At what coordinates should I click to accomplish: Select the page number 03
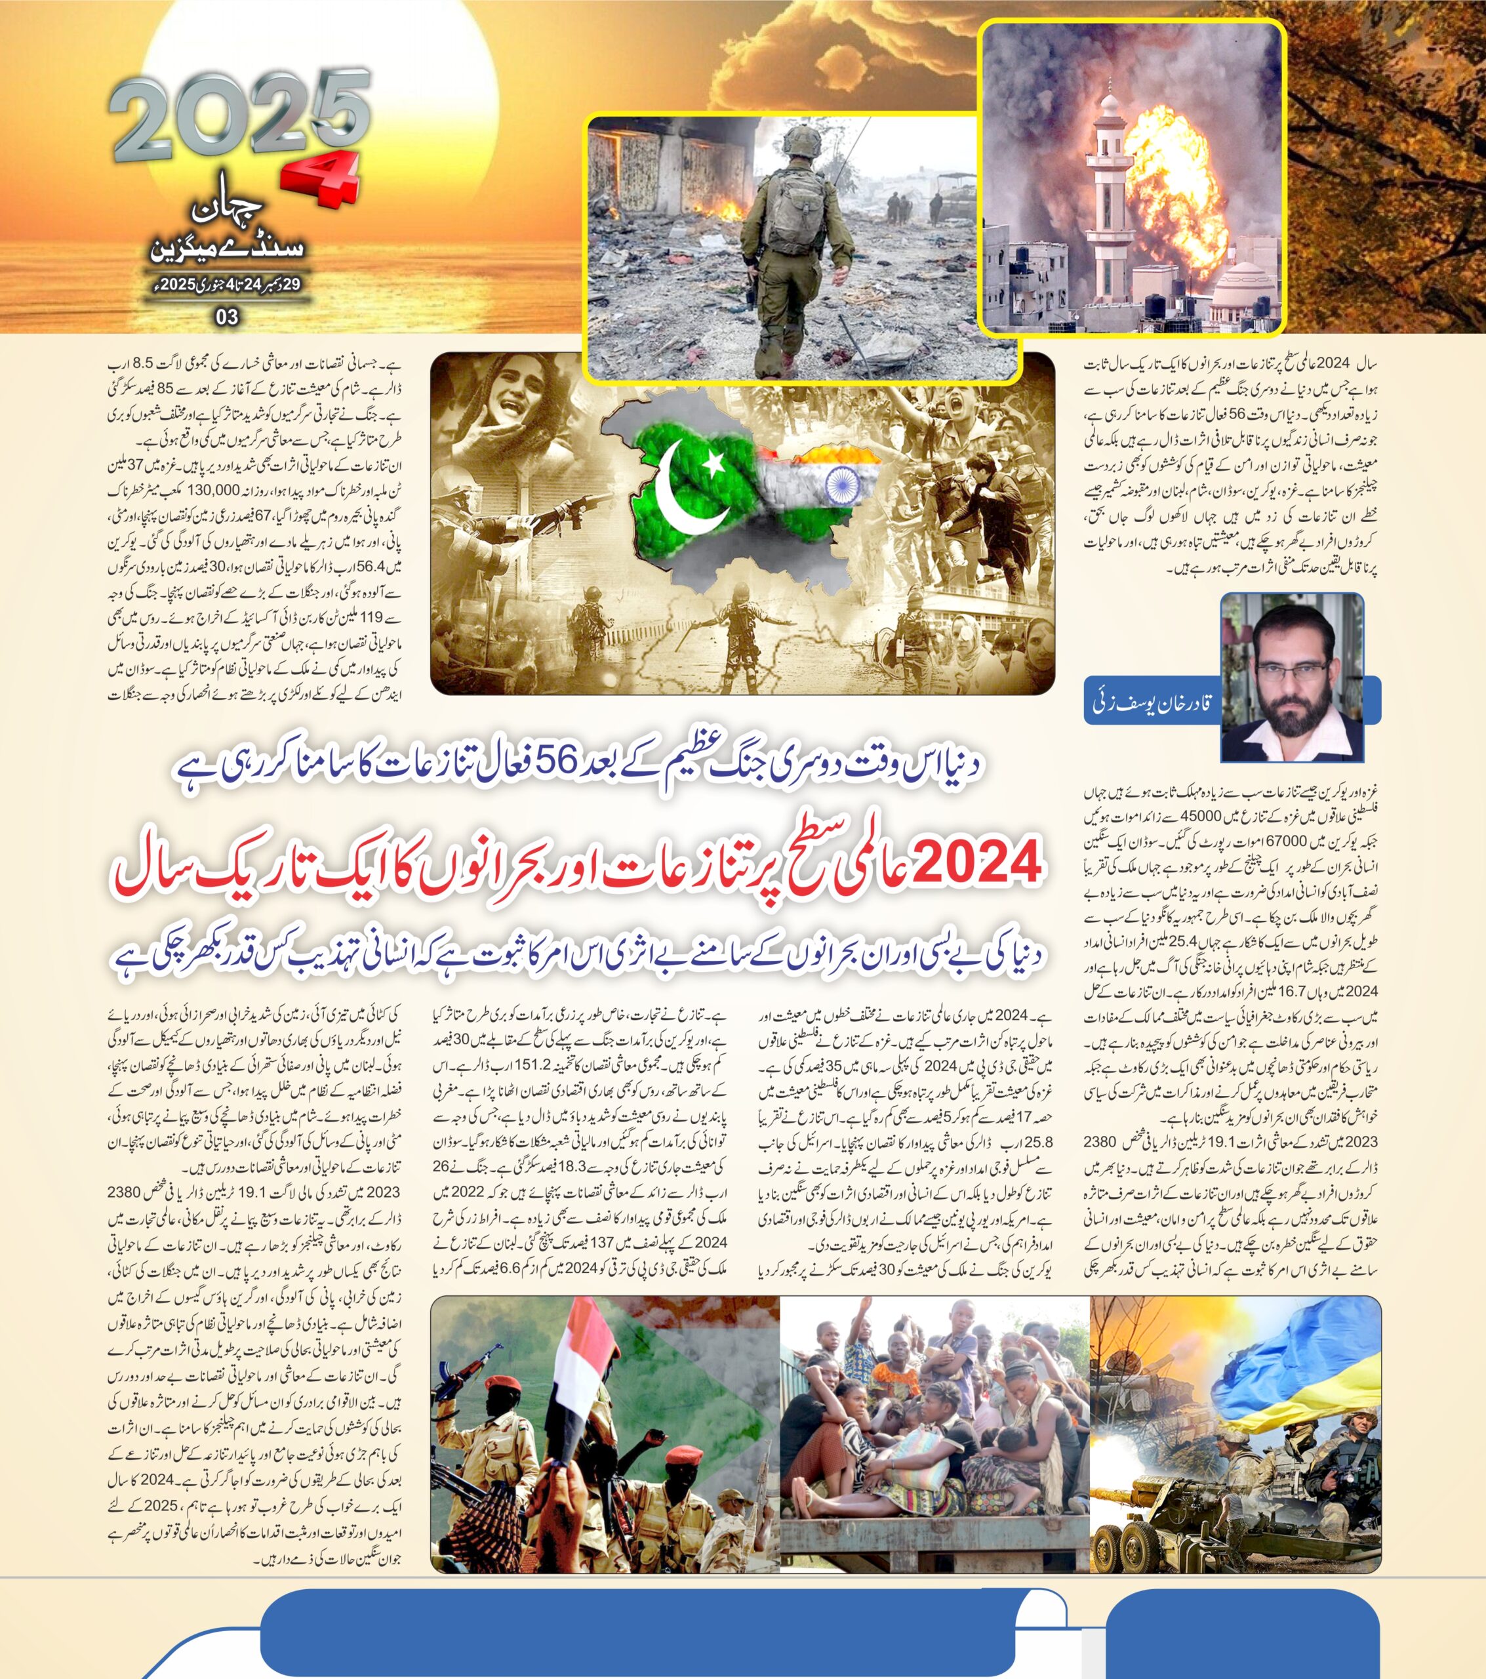click(x=227, y=317)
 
